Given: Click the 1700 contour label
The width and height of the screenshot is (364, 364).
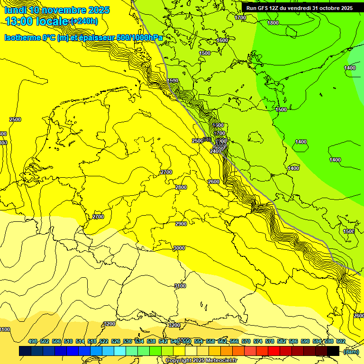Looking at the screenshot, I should coord(240,18).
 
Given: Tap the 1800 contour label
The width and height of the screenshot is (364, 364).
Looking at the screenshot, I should coord(273,23).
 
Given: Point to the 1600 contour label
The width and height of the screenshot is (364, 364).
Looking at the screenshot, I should coord(222,41).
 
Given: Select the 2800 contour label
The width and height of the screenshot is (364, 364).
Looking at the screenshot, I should coord(181,187).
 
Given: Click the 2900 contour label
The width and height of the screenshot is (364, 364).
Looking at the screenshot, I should coord(181,224).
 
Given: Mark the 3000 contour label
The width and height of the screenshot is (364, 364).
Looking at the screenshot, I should coord(179,248).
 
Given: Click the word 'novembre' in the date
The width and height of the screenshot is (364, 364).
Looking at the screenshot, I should coord(52,10).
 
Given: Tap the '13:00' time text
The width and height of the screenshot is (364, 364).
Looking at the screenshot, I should coord(19,21).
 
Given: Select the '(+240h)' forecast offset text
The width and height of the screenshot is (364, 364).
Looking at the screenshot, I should coord(84,21).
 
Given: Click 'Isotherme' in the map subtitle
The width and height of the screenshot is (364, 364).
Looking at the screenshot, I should coord(22,37).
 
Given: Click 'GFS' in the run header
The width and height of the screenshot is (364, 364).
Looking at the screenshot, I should coord(264,8).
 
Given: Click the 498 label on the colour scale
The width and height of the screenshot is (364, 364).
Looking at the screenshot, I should coord(33,341).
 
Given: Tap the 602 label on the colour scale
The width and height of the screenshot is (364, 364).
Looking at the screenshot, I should coord(340,341).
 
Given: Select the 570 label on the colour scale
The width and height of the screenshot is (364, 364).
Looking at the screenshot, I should coord(246,341).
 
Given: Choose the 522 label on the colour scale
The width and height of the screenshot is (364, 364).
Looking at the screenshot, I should coord(104,341).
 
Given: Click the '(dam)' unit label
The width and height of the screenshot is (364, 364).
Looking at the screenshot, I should coord(351,351).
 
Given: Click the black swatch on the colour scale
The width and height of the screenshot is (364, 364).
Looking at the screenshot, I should coord(333,351).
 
